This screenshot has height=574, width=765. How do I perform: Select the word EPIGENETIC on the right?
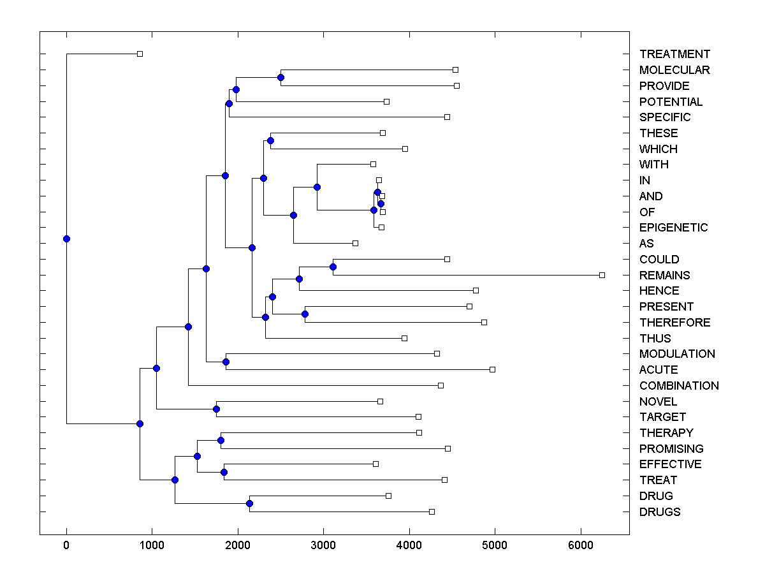(x=673, y=228)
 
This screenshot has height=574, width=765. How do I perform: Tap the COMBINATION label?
(x=679, y=386)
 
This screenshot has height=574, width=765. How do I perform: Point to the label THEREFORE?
(x=674, y=323)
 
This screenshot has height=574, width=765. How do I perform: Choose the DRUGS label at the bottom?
(x=660, y=512)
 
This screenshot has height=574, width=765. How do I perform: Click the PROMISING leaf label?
(x=671, y=449)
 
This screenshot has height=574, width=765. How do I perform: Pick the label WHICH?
(x=659, y=149)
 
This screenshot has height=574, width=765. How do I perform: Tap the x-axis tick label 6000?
(x=581, y=546)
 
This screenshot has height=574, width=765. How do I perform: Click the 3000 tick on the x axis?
(x=323, y=546)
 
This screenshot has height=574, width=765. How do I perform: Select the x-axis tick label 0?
(x=66, y=546)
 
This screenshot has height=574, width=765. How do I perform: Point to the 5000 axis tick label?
(x=495, y=546)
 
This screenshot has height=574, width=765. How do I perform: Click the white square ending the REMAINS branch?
(x=602, y=275)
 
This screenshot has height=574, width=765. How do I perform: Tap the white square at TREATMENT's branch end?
(x=140, y=54)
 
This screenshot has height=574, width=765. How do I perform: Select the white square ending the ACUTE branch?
(x=492, y=369)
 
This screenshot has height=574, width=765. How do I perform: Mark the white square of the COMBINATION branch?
(x=441, y=385)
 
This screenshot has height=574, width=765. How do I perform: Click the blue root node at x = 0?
(x=66, y=239)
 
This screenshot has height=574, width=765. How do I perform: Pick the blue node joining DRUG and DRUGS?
(x=249, y=504)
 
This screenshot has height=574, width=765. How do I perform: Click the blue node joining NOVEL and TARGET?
(x=217, y=409)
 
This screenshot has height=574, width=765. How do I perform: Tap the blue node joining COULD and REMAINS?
(x=333, y=267)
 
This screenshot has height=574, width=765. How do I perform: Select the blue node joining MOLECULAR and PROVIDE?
(x=280, y=77)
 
